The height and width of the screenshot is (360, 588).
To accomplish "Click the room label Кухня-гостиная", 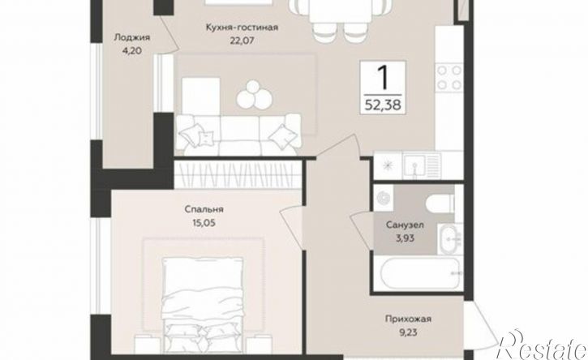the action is coord(242,28).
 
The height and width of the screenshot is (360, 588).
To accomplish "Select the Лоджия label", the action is coord(131,37).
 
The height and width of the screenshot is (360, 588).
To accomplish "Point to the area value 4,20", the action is coord(131,50).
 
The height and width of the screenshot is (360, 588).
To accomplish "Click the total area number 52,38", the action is coord(383,105).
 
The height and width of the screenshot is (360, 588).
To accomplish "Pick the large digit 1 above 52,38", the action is coord(382,77).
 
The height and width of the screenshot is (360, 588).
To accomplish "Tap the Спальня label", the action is coord(204,209).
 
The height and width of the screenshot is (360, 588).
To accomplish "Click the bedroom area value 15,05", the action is coord(204,224).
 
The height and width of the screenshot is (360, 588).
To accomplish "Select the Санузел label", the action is coord(405,225).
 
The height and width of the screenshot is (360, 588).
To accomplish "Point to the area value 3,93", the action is coord(405,238).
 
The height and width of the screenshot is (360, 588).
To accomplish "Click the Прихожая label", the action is coord(408,319).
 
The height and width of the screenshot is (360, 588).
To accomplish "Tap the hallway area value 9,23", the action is coord(408,332).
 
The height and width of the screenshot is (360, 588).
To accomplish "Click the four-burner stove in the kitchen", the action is coord(449,77).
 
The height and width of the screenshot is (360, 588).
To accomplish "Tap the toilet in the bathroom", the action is coord(440,204).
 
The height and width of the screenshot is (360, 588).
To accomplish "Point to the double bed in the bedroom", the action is coord(203,304).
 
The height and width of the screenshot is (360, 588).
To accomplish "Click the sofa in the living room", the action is coord(239,133).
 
